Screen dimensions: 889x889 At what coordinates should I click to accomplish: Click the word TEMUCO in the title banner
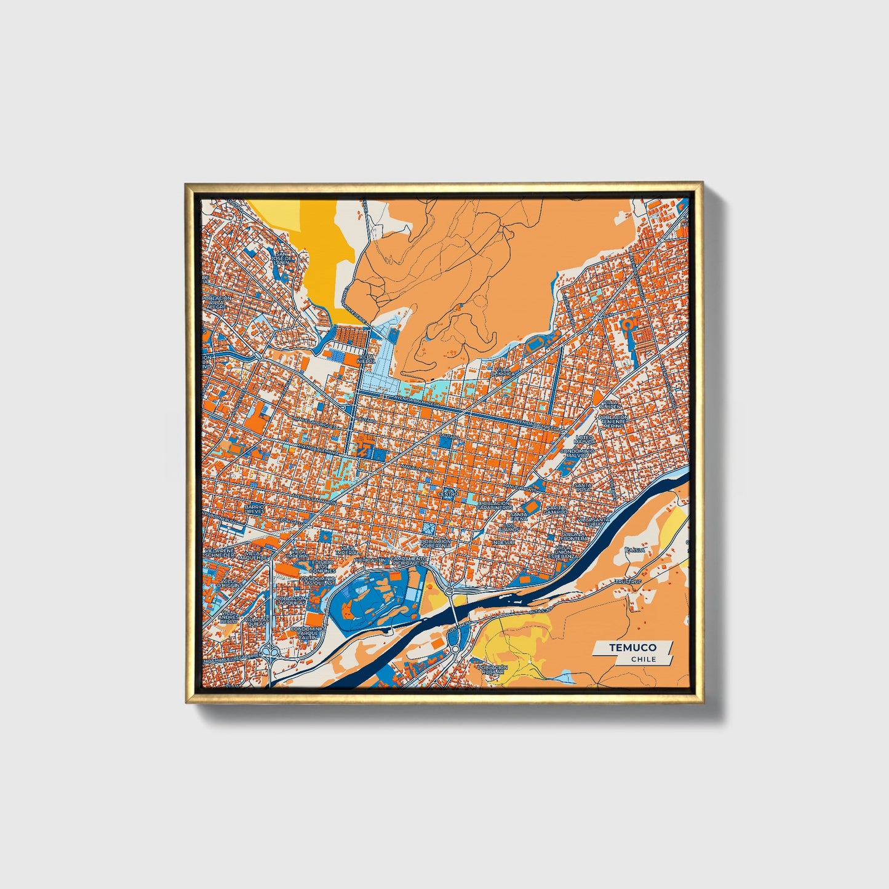(632, 647)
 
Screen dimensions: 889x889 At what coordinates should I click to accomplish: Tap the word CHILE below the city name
(644, 659)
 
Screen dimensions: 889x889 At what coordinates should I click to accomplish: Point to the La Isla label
(636, 549)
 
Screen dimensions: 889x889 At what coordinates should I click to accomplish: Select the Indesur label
(503, 543)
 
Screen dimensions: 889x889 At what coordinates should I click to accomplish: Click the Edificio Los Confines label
(322, 565)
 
